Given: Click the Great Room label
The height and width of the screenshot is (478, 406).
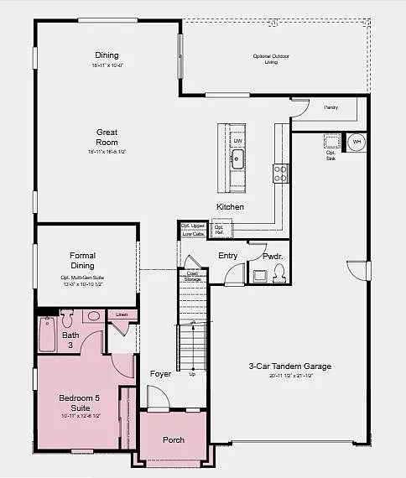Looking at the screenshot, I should click(107, 138).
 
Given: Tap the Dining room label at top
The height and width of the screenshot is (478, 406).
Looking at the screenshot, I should click(107, 55).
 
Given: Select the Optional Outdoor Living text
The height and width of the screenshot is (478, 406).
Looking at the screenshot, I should click(271, 59).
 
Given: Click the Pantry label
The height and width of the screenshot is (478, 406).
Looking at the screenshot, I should click(330, 107).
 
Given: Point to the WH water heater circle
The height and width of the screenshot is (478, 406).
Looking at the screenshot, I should click(357, 142).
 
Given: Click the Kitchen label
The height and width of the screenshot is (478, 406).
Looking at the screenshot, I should click(230, 206).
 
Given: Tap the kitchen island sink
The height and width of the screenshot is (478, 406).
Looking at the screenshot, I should click(237, 158).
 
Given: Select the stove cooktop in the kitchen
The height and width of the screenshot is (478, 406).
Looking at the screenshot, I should click(280, 173).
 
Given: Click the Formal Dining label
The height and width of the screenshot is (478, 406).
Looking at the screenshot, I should click(82, 260).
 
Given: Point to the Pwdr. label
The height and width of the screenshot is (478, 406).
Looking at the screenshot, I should click(272, 256).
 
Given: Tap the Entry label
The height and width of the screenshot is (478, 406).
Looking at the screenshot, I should click(227, 256).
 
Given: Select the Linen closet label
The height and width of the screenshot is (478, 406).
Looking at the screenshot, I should click(122, 314).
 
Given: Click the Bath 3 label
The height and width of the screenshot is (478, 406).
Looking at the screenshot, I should click(48, 340).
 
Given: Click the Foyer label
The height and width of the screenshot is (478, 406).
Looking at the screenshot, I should click(160, 373).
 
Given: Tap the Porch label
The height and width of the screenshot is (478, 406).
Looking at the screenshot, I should click(173, 440).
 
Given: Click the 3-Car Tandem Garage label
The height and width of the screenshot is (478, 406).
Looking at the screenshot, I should click(290, 366).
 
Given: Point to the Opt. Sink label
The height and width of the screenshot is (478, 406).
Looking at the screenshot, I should click(331, 155).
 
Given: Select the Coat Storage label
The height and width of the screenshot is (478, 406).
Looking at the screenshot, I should click(192, 277).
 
